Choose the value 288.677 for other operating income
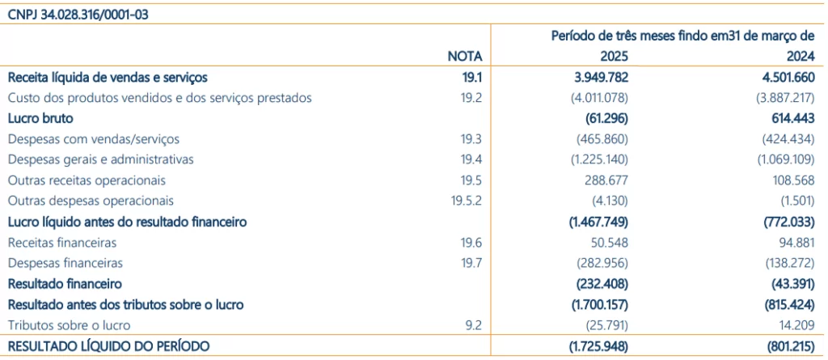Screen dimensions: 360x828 606,180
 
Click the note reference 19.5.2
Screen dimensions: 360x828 467,201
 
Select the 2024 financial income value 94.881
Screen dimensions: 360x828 794,242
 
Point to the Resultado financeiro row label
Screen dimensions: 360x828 65,284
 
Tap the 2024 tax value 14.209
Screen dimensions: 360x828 794,325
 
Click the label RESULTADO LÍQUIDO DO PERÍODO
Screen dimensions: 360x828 108,346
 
